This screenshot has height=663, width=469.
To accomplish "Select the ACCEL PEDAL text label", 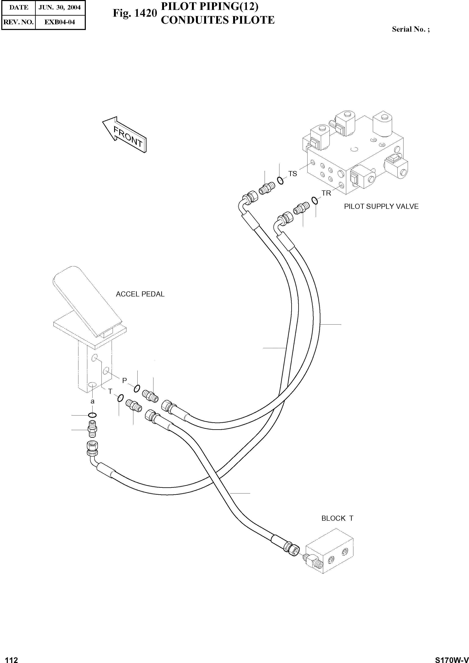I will [x=140, y=294].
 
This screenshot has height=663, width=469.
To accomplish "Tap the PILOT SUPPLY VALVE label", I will [x=381, y=207].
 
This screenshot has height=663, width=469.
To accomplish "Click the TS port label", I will [x=293, y=174].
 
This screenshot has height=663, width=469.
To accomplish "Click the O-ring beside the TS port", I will [x=280, y=181].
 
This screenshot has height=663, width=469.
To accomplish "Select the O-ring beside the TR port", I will [x=315, y=200].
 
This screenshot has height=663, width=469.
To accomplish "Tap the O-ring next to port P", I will [x=137, y=389].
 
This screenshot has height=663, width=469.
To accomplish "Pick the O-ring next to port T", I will [x=120, y=398].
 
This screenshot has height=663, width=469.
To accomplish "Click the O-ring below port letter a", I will [x=92, y=415].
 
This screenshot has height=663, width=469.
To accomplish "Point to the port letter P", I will [x=124, y=380].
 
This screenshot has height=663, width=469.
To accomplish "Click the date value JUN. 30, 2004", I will [x=60, y=8].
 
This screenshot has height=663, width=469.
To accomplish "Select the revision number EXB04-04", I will [x=60, y=22].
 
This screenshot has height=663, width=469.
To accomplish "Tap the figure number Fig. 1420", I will [x=135, y=13].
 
